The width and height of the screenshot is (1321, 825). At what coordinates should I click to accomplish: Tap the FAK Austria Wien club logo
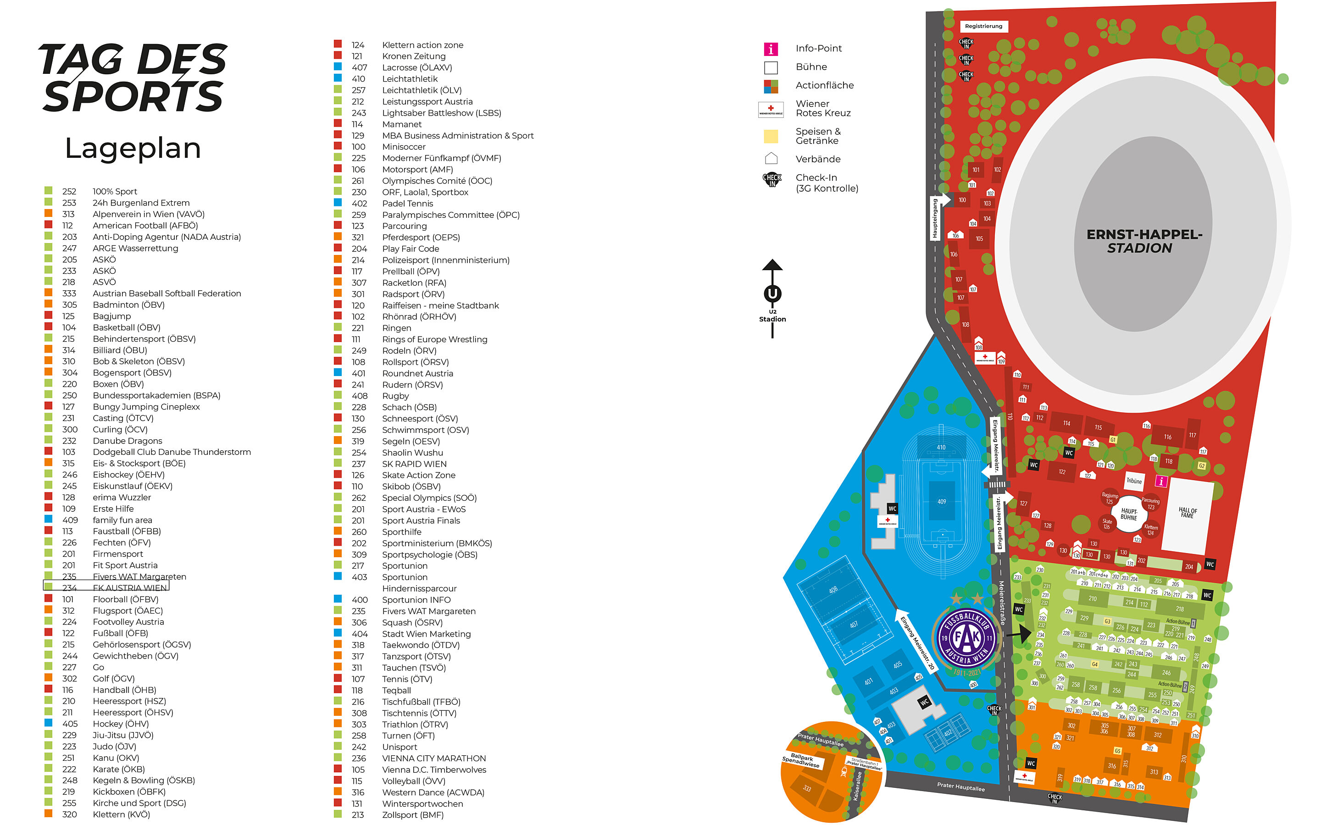tap(966, 638)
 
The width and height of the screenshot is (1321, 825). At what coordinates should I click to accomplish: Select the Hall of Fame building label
tap(1188, 513)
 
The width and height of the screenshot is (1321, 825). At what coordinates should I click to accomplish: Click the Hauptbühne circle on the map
tap(1128, 514)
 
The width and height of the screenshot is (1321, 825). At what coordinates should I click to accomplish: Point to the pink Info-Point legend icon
tap(771, 49)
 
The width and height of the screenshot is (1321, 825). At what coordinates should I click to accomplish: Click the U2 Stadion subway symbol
tap(772, 294)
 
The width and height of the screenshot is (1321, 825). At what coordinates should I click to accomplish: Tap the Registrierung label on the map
tap(983, 26)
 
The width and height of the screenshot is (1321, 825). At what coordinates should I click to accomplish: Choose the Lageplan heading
tap(133, 149)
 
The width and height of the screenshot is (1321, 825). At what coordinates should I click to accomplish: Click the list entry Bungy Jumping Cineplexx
tap(146, 407)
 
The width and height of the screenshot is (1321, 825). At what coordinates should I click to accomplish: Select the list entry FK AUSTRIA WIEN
tap(129, 587)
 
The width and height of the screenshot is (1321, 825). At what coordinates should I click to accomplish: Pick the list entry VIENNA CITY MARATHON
tap(434, 759)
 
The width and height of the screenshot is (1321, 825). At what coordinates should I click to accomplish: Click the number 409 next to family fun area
tap(70, 520)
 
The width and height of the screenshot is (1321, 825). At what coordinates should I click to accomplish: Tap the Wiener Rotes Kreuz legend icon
tap(771, 110)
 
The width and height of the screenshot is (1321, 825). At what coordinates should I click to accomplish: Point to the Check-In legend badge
tap(772, 179)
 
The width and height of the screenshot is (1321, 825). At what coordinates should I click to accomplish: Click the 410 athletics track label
tap(941, 448)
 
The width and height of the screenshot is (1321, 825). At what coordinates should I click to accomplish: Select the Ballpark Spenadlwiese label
tap(801, 761)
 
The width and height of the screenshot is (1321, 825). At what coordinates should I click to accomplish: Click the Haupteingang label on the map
tap(935, 218)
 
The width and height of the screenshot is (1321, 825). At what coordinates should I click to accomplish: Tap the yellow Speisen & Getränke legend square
tap(771, 136)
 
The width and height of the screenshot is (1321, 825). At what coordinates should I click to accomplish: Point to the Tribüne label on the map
tap(1134, 481)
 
